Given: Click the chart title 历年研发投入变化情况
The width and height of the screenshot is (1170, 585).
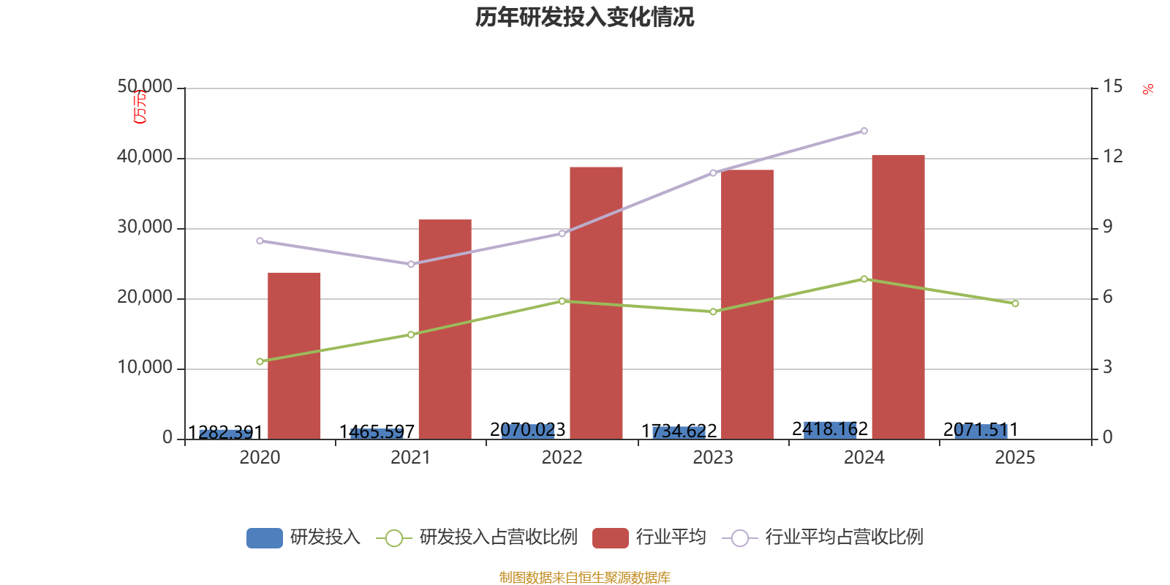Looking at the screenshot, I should [584, 17].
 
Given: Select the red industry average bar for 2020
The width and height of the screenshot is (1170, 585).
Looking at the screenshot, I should [294, 355].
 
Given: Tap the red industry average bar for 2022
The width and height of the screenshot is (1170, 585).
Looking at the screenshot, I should [596, 303].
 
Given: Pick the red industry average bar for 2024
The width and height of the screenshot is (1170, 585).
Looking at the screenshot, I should [898, 297].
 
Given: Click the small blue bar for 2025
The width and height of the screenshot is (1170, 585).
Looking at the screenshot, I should [981, 431].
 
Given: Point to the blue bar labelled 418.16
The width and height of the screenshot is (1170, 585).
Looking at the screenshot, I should [830, 429].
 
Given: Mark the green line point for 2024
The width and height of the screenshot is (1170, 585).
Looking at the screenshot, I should [864, 279].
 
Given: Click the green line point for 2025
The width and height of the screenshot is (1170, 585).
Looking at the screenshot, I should [1015, 303].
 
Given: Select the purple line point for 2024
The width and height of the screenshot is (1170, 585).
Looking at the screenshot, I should [864, 131].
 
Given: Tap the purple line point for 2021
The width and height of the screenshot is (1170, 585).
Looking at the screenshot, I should [411, 264].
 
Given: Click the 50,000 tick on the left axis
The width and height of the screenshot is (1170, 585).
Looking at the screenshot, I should [145, 87].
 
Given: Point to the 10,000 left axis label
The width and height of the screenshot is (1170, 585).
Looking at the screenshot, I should [145, 368].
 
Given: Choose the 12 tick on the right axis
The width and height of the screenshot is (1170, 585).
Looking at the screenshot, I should [1112, 157].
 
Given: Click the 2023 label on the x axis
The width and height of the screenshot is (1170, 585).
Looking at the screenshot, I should [712, 458].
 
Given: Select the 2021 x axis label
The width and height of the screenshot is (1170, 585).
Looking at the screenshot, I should [410, 458].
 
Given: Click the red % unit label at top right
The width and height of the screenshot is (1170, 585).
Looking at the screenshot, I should [1147, 89].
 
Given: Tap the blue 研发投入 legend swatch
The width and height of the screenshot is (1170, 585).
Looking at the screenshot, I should [264, 537].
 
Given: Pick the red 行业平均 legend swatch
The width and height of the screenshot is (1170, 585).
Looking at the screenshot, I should [610, 537].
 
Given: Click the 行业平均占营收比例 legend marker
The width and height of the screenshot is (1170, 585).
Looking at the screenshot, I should [739, 537].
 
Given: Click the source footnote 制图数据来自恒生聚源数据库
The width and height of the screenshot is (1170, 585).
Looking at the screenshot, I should [584, 578].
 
